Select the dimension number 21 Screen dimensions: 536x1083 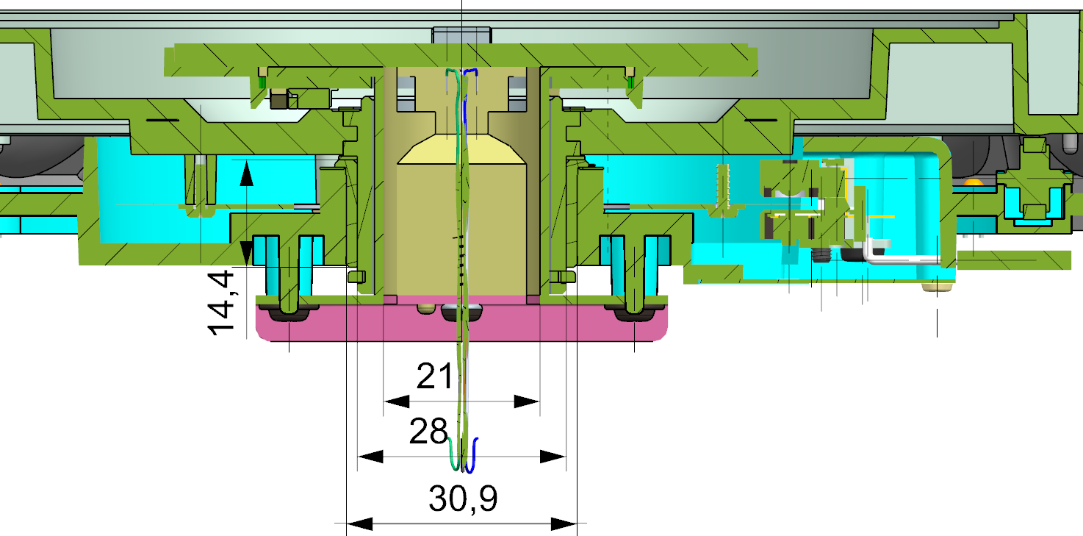(x=435, y=377)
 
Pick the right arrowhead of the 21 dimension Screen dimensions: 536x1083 (x=526, y=401)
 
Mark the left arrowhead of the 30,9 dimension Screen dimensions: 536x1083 (x=359, y=524)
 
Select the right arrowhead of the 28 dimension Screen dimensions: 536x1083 (x=553, y=457)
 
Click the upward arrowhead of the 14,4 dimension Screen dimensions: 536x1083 (x=246, y=173)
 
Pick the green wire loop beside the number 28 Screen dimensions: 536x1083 (x=453, y=452)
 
